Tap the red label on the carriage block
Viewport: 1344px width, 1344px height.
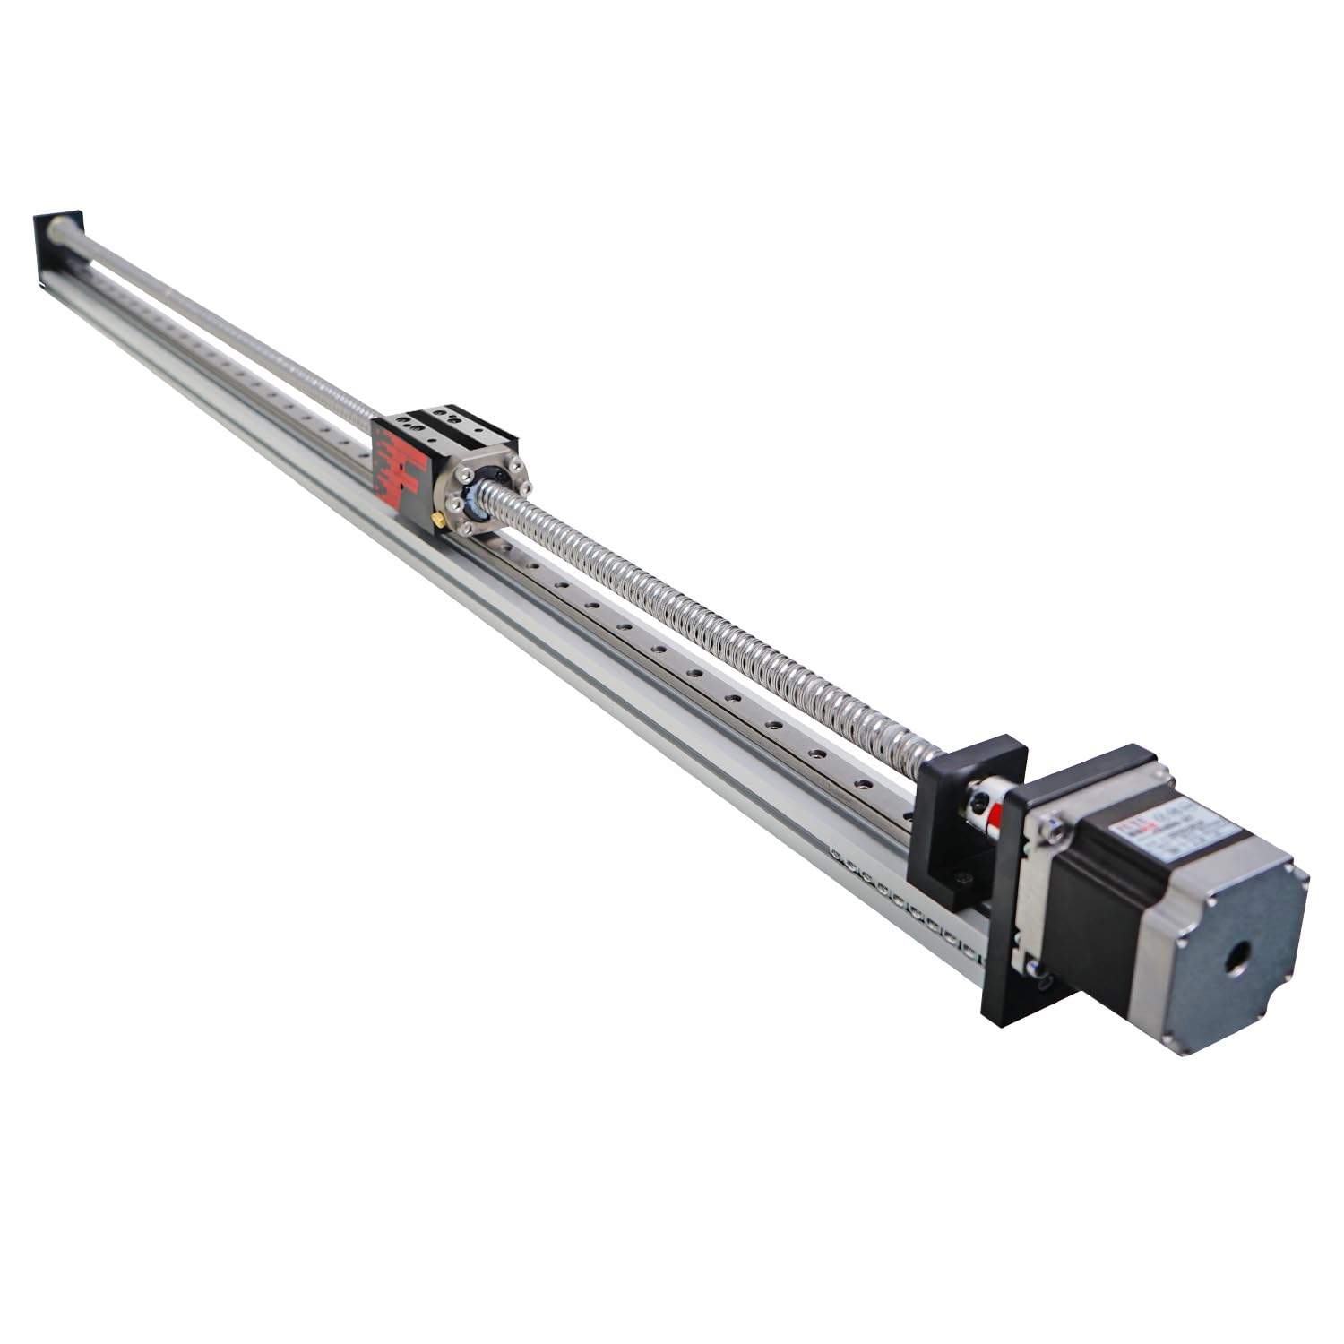[400, 466]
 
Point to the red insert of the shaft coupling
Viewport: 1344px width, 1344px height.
[994, 811]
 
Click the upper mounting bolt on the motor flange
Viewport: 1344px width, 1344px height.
[1057, 832]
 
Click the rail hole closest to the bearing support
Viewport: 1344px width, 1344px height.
[905, 816]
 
